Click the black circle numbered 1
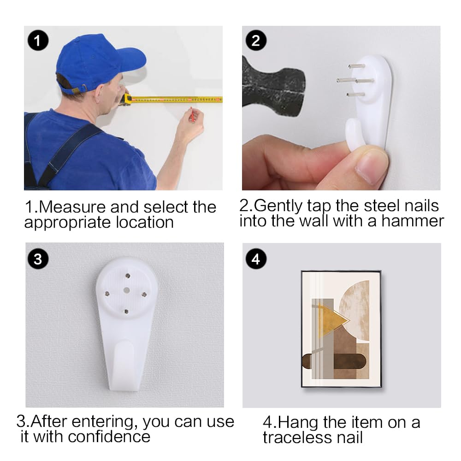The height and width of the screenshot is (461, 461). point(38,40)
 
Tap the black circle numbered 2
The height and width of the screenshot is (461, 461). point(256,40)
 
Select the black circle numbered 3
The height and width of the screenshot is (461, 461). point(38,259)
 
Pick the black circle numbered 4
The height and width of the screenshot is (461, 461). point(256,259)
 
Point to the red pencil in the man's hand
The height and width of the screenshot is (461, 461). point(191,115)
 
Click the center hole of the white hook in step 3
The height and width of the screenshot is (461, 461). point(126,290)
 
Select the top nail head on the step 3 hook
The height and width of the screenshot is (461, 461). point(128,276)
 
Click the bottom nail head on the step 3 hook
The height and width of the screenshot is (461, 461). point(126,311)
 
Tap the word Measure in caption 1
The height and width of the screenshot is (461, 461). point(72,207)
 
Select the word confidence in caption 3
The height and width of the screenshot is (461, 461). point(109,437)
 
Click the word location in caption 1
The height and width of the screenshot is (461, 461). point(145,222)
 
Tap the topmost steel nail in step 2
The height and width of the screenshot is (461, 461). point(356,66)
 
